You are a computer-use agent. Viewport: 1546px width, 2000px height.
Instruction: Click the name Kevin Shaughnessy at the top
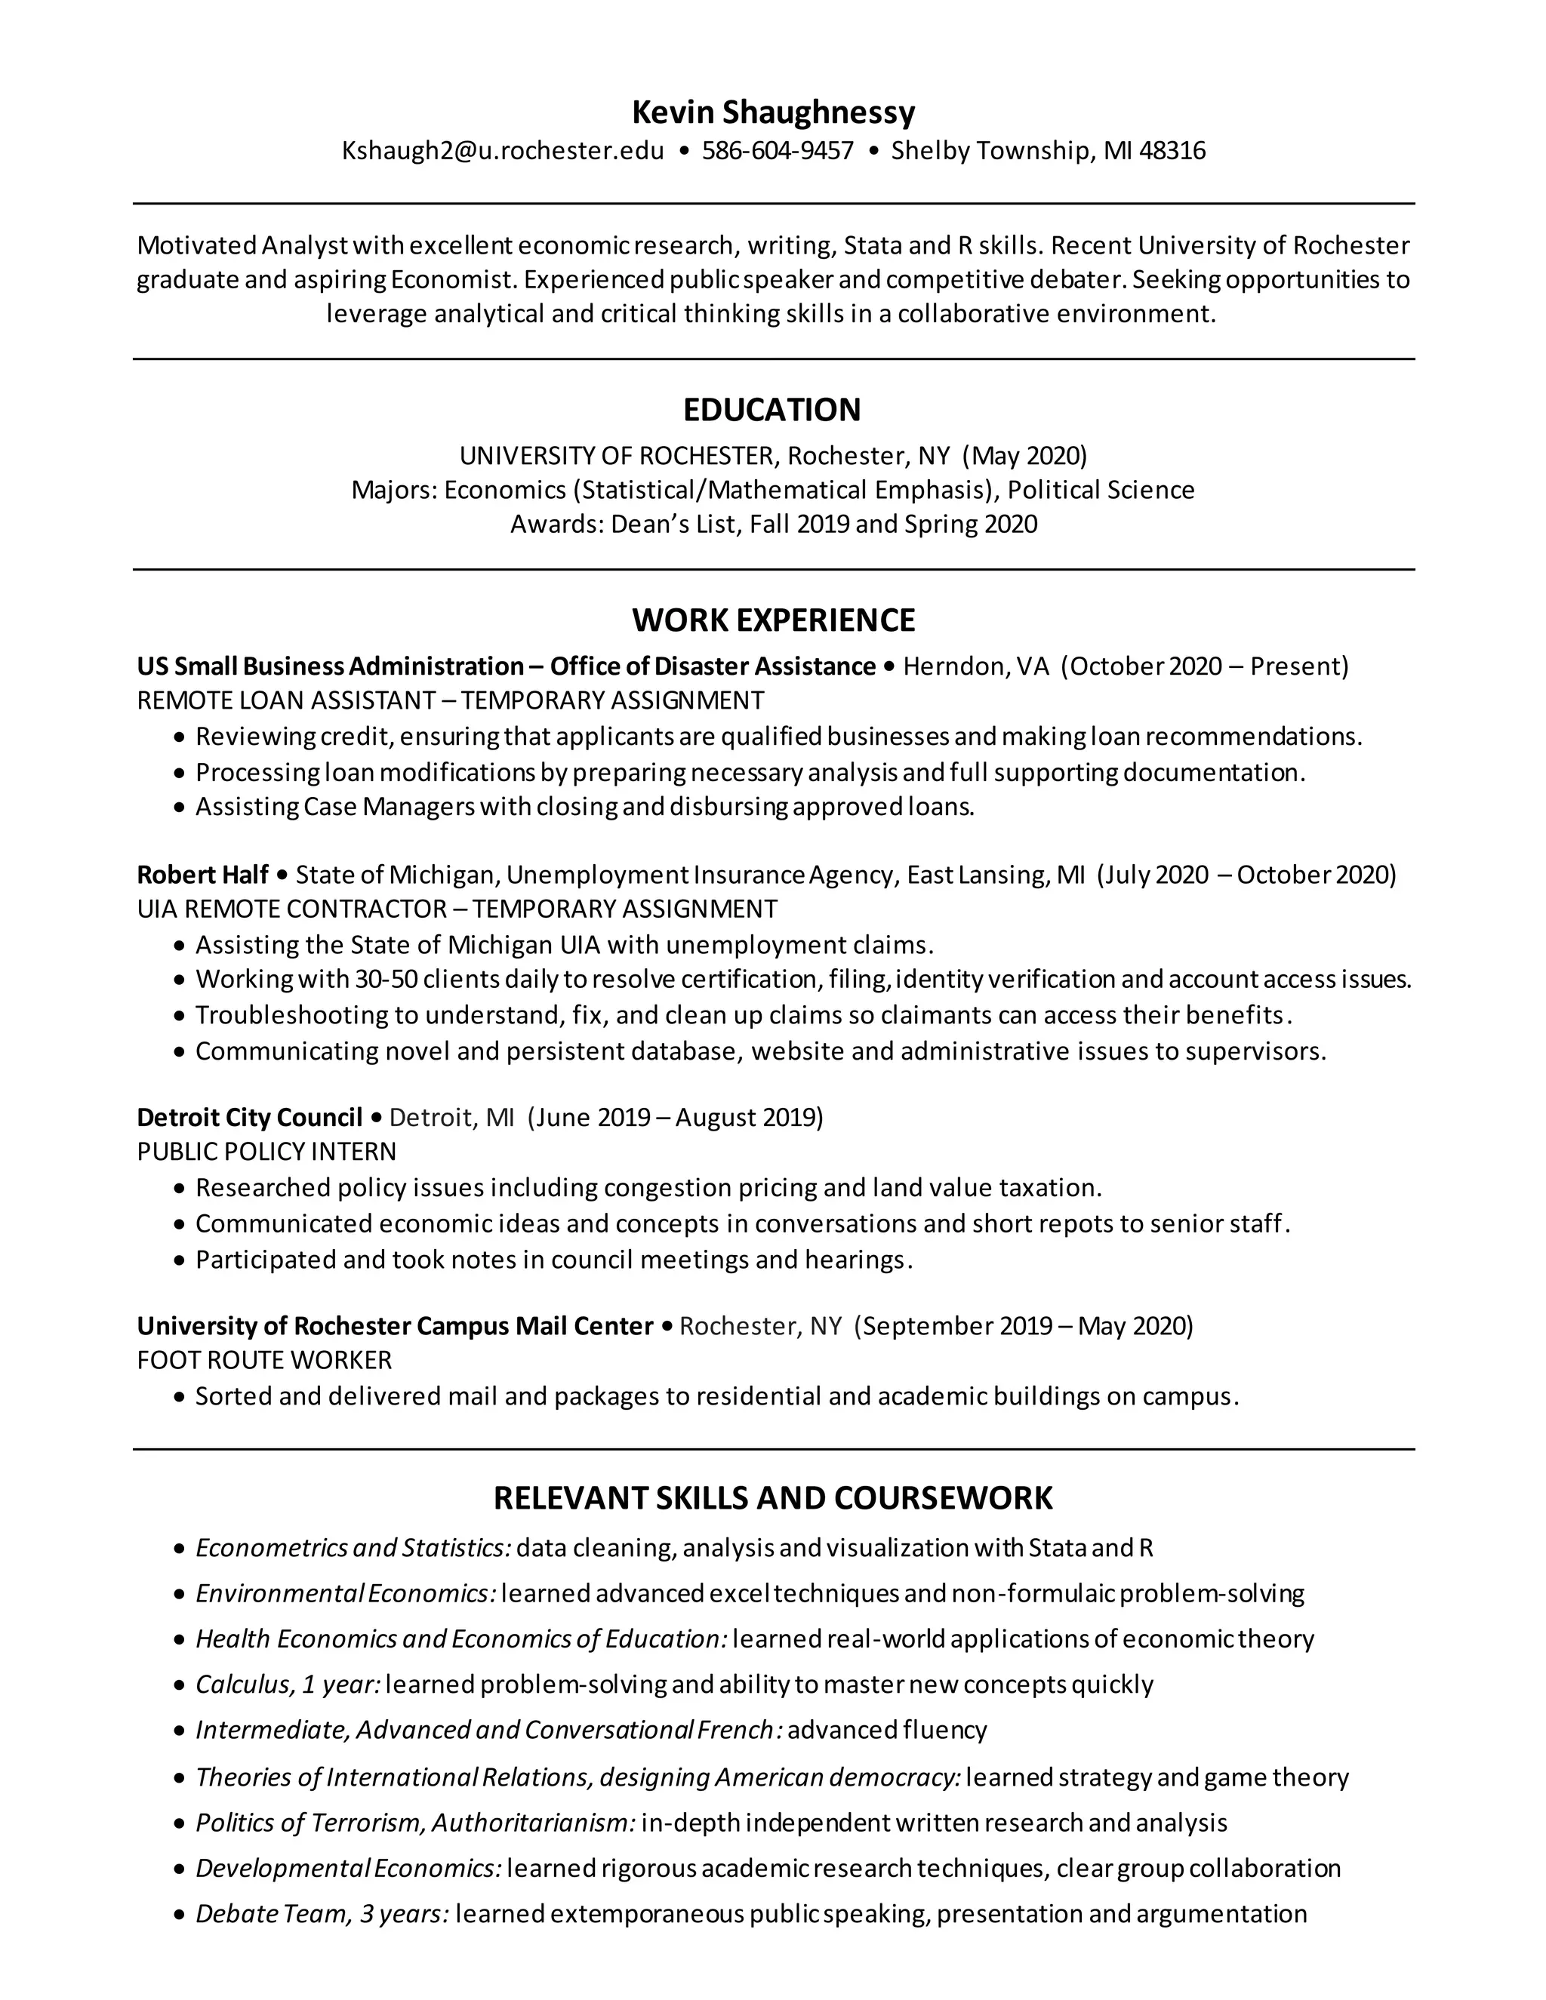[x=773, y=112]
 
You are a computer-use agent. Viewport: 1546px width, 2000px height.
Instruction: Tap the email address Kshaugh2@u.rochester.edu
[x=503, y=151]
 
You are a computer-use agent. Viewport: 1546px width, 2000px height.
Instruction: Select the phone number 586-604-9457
[x=778, y=151]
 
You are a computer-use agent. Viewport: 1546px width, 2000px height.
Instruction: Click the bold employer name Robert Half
[x=202, y=875]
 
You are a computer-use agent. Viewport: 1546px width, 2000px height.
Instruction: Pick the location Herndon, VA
[x=975, y=666]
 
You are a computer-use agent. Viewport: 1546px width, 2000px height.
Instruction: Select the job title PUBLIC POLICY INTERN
[x=266, y=1152]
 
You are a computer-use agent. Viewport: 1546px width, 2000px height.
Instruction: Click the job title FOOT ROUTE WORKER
[x=265, y=1361]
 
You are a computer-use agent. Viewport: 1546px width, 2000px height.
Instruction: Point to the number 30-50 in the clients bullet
[x=386, y=980]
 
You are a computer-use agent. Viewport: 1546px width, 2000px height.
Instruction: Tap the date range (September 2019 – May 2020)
[x=1023, y=1326]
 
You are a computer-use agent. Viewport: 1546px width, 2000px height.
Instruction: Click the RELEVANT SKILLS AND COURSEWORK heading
[x=773, y=1498]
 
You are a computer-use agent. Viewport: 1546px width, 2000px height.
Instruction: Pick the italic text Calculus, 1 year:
[x=288, y=1685]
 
